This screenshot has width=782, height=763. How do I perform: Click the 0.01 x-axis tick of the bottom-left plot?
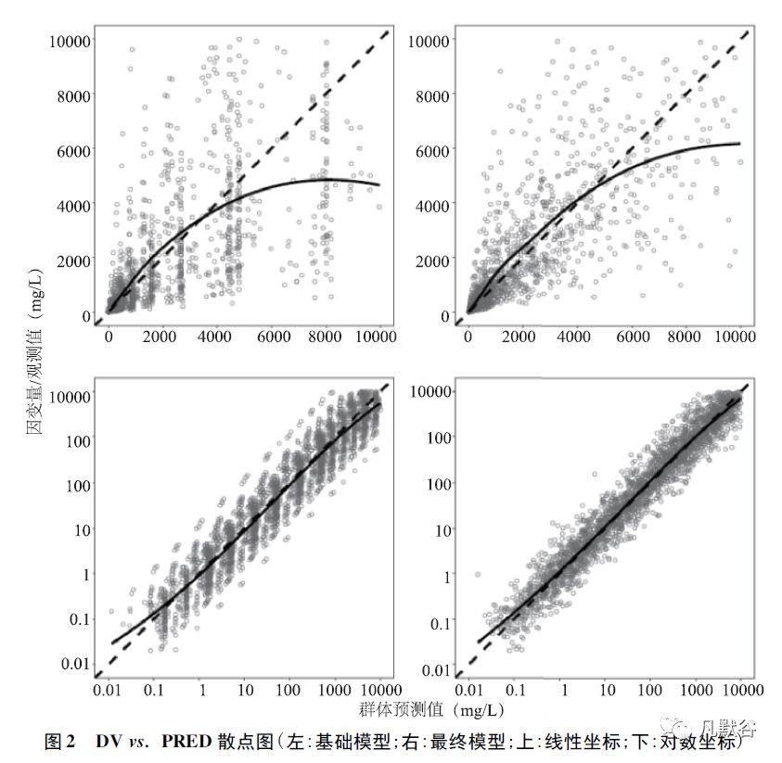click(x=110, y=691)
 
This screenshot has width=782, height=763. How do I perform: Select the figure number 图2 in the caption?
click(x=61, y=742)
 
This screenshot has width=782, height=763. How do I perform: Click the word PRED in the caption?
click(x=186, y=742)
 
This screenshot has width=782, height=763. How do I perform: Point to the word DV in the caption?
click(x=108, y=742)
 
